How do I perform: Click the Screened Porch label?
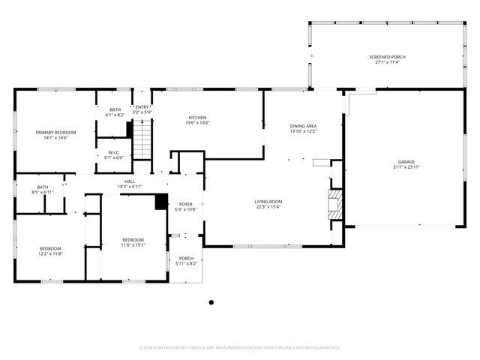coord(388,57)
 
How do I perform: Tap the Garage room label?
coord(406,162)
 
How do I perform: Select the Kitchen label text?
coord(197,118)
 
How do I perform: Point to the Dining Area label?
coord(303,126)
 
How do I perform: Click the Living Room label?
coord(268,201)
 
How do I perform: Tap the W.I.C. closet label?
coord(115,152)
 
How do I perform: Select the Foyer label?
coord(185,204)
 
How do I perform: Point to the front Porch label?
coord(186,258)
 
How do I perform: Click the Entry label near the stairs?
coord(142,107)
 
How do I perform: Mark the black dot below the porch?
coord(211,302)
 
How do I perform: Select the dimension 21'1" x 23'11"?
coord(406,167)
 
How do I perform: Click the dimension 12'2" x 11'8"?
coord(50,253)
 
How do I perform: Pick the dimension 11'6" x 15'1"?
coord(133,244)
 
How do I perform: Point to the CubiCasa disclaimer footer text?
coord(240,347)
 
